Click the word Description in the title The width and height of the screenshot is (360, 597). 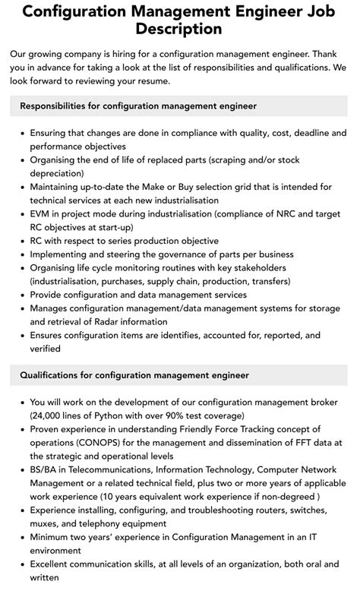(x=179, y=29)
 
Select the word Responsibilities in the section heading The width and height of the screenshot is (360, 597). (x=59, y=106)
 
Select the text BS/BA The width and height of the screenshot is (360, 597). (x=44, y=469)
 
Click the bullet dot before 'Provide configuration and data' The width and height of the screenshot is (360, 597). (x=21, y=295)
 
